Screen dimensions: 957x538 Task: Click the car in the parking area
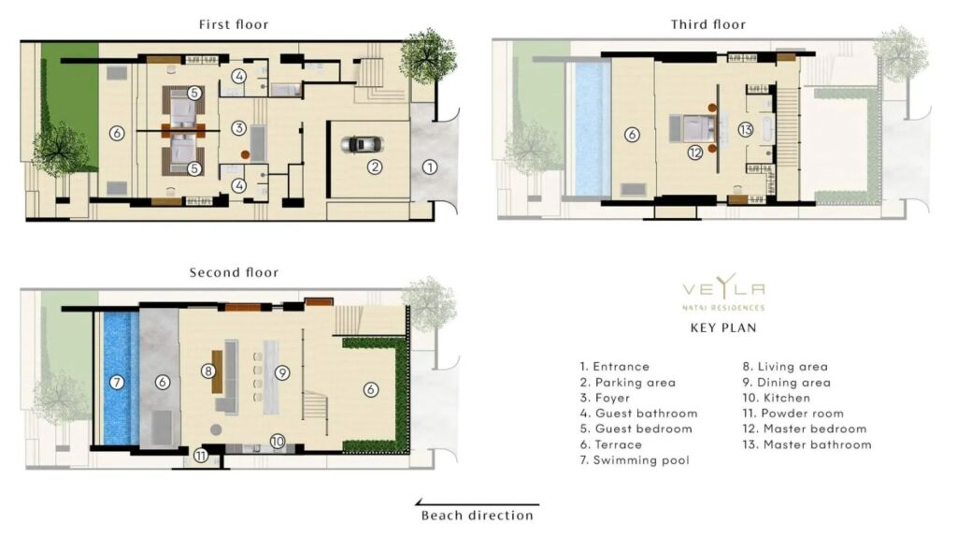[x=362, y=145]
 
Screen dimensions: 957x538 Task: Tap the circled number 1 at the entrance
[x=430, y=167]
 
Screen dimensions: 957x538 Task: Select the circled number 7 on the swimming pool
[x=117, y=383]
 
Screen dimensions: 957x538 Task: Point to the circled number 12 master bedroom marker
[x=695, y=153]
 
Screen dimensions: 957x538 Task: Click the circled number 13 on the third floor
[x=745, y=130]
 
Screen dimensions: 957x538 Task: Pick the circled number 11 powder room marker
[x=201, y=456]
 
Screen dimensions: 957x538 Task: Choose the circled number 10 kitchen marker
[x=278, y=441]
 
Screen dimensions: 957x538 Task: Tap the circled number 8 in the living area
[x=208, y=371]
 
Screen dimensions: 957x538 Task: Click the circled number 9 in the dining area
[x=281, y=372]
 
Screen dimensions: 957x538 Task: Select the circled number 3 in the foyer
[x=238, y=128]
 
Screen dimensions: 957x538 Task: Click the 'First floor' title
[x=234, y=24]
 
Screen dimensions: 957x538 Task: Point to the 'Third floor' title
[x=708, y=24]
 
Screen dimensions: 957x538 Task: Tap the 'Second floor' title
[x=234, y=272]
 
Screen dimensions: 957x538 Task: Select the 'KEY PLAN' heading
[x=723, y=327]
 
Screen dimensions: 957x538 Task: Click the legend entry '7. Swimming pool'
[x=635, y=460]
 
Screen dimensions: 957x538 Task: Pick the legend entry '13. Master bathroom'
[x=807, y=445]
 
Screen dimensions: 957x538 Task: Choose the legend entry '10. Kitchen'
[x=777, y=398]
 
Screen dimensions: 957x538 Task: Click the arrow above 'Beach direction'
[x=478, y=503]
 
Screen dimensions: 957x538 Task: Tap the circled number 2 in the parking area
[x=375, y=167]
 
